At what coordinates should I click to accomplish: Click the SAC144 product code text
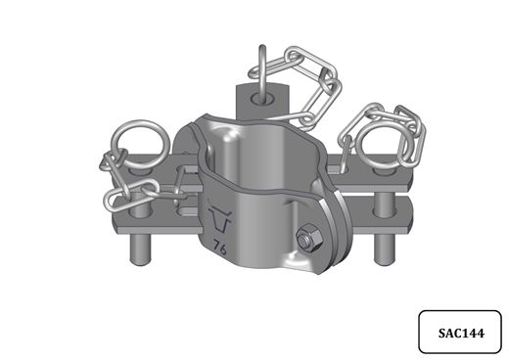point(461,333)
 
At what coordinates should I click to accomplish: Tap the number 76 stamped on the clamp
point(219,248)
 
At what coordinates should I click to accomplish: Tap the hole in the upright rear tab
point(263,99)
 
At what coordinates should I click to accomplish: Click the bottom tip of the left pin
point(140,263)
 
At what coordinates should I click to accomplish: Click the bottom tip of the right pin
point(385,263)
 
